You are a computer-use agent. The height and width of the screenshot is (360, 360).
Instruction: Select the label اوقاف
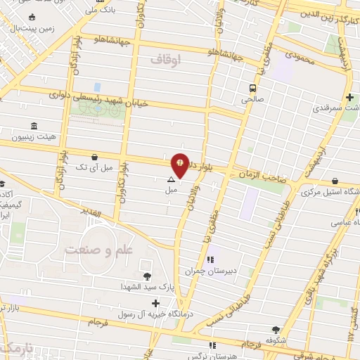pyautogui.click(x=165, y=61)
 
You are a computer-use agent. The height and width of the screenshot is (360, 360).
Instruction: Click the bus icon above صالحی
pyautogui.click(x=252, y=88)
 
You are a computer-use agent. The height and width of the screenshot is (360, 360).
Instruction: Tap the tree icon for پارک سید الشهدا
pyautogui.click(x=147, y=276)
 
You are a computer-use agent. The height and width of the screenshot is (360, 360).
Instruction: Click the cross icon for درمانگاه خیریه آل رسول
pyautogui.click(x=155, y=303)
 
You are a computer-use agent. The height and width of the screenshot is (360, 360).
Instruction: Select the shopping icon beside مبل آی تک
pyautogui.click(x=94, y=157)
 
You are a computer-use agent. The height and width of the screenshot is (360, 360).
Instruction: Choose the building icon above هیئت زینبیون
pyautogui.click(x=34, y=124)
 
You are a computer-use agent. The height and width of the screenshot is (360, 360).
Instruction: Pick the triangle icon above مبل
pyautogui.click(x=171, y=180)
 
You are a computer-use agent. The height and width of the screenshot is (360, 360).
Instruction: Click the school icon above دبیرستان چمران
pyautogui.click(x=208, y=259)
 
